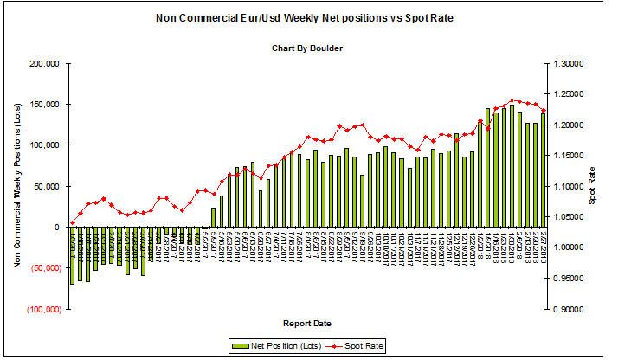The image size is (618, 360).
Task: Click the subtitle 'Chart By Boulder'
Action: pyautogui.click(x=308, y=48)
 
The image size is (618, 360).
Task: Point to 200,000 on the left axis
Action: pyautogui.click(x=43, y=64)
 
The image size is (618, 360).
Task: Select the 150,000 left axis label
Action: pyautogui.click(x=43, y=105)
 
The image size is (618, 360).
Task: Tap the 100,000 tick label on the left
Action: pyautogui.click(x=43, y=145)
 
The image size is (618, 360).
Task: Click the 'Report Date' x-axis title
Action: pyautogui.click(x=308, y=324)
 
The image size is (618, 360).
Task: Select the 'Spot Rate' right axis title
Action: pyautogui.click(x=594, y=186)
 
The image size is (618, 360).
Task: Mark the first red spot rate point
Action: pyautogui.click(x=73, y=222)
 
